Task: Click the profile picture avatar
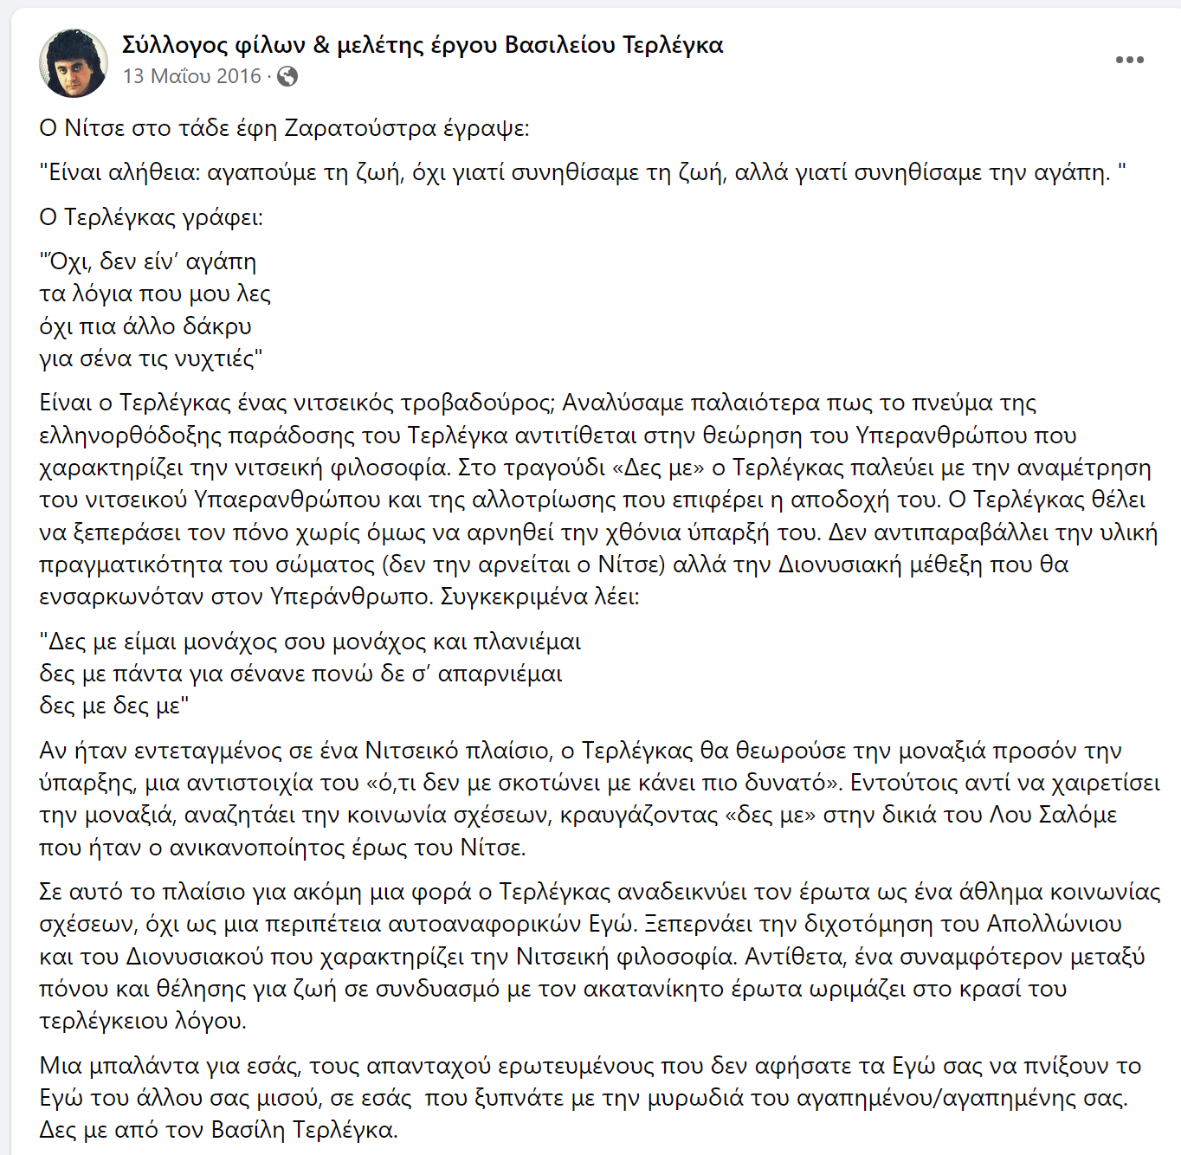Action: click(74, 62)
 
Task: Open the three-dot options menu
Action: click(1129, 60)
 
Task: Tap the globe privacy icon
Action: click(287, 76)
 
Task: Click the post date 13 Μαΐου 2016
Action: click(191, 76)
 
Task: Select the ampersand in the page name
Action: click(321, 44)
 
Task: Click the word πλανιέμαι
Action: click(527, 642)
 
